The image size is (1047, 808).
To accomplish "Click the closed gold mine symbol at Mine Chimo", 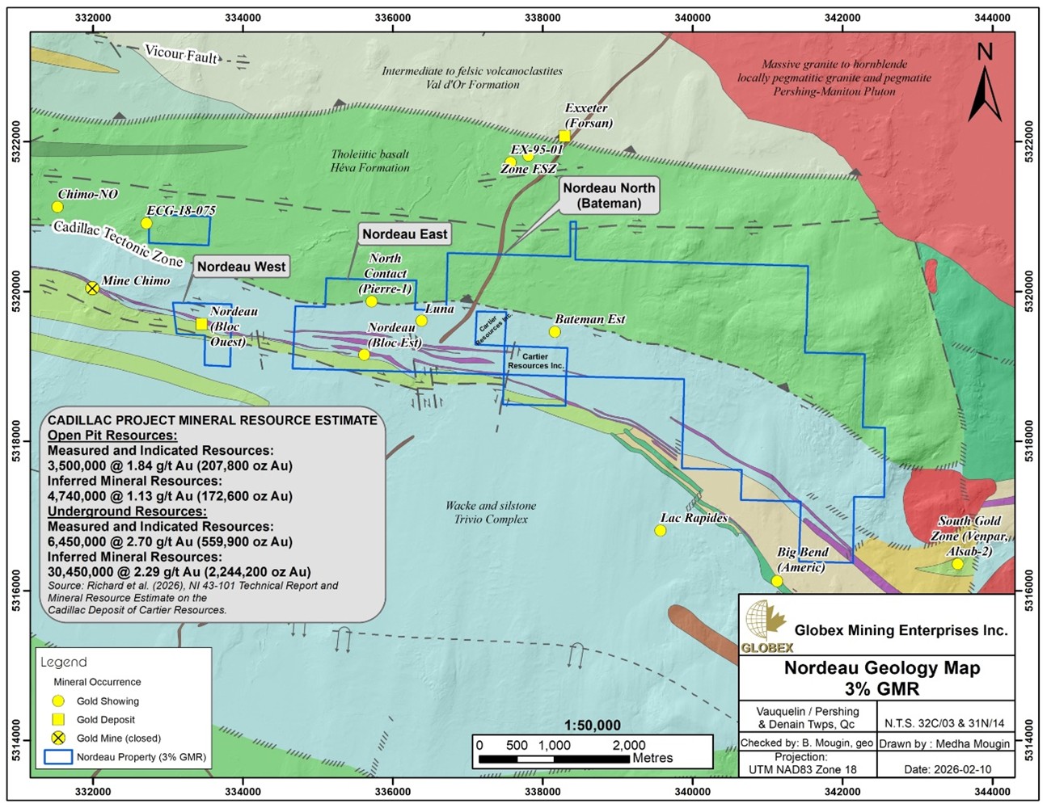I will point(92,288).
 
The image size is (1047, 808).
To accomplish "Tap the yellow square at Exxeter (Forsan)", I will point(564,136).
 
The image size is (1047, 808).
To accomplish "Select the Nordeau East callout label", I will point(404,234).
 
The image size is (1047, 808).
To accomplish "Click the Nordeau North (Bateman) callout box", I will point(609,196).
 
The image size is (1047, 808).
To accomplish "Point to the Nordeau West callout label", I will point(241,267).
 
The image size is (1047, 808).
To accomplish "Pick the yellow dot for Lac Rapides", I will point(660,531).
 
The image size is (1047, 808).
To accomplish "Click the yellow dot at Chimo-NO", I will point(57,207).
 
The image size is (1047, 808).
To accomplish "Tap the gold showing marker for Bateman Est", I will point(555,332).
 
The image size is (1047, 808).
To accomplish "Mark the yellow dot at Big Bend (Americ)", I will point(777,581).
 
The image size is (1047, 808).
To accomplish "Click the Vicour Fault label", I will point(181,54).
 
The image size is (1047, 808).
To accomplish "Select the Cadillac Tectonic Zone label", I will point(118,242).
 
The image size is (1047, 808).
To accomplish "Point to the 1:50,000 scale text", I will point(592,726).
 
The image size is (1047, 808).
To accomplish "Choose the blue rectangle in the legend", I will point(57,757).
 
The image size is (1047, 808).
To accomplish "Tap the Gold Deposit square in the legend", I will point(57,719).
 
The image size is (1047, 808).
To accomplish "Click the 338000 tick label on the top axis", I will point(542,18).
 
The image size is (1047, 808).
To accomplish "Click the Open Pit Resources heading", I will point(112,436).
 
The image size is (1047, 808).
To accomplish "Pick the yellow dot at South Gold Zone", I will point(957,564).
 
